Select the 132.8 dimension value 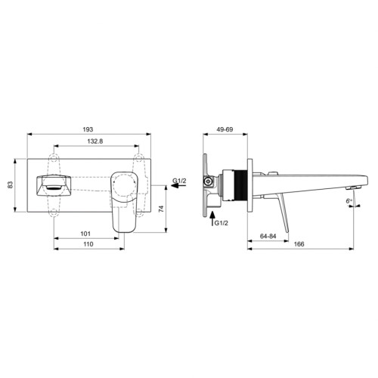click(95, 141)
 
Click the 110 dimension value click(88, 246)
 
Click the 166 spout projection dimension click(299, 246)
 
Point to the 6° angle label click(349, 200)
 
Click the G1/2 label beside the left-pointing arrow click(179, 181)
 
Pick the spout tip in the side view click(349, 186)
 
